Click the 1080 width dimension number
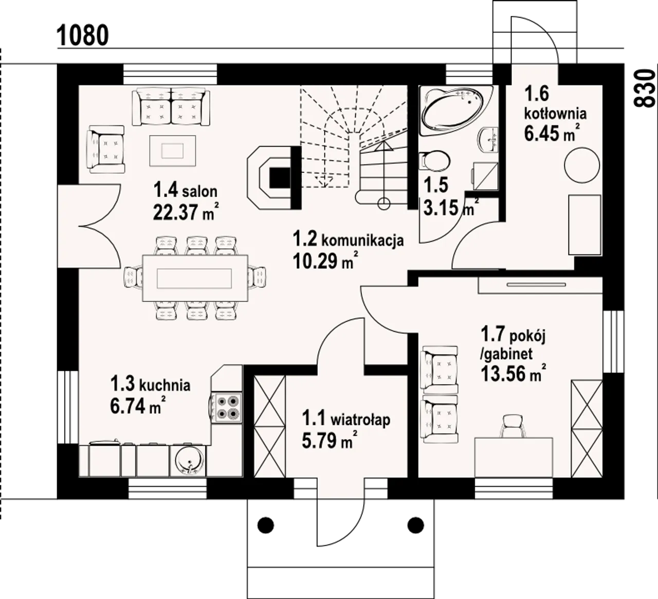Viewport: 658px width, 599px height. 83,35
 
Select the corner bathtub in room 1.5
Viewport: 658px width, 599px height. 456,110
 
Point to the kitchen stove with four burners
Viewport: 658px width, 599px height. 226,407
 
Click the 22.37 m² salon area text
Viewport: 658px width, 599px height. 186,212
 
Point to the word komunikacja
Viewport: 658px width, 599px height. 362,241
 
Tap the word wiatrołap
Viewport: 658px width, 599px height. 360,421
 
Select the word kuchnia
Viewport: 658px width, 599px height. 164,385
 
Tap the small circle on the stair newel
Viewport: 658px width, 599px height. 383,204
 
